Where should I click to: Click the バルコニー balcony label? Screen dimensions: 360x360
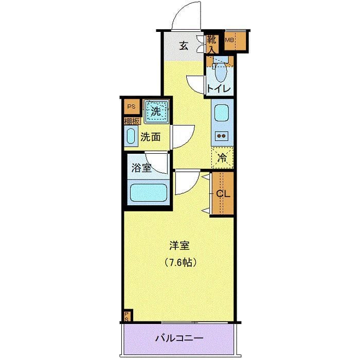coord(179,338)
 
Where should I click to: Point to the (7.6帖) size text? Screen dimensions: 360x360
coord(181,262)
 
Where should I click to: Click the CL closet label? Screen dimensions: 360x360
coord(222,194)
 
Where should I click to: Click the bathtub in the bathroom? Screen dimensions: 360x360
coord(149,193)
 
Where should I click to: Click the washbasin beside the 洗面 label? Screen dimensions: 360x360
coord(131,137)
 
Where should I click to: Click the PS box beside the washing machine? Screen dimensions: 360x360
coord(131,107)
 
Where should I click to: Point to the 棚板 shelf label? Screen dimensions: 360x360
coord(132,121)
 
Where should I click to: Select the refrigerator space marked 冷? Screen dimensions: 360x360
coord(222,158)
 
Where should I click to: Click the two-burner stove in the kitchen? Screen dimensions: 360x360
coord(222,136)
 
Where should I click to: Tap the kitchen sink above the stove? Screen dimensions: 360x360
coord(222,114)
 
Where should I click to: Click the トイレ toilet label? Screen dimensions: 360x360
coord(218,88)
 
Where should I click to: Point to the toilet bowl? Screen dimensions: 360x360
coord(221,73)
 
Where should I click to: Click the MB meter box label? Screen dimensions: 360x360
coord(229,40)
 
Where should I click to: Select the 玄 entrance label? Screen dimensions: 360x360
coord(184,46)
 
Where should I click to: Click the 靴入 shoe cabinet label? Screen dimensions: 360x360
coord(212,44)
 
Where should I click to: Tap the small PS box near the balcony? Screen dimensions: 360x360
coord(127,315)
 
